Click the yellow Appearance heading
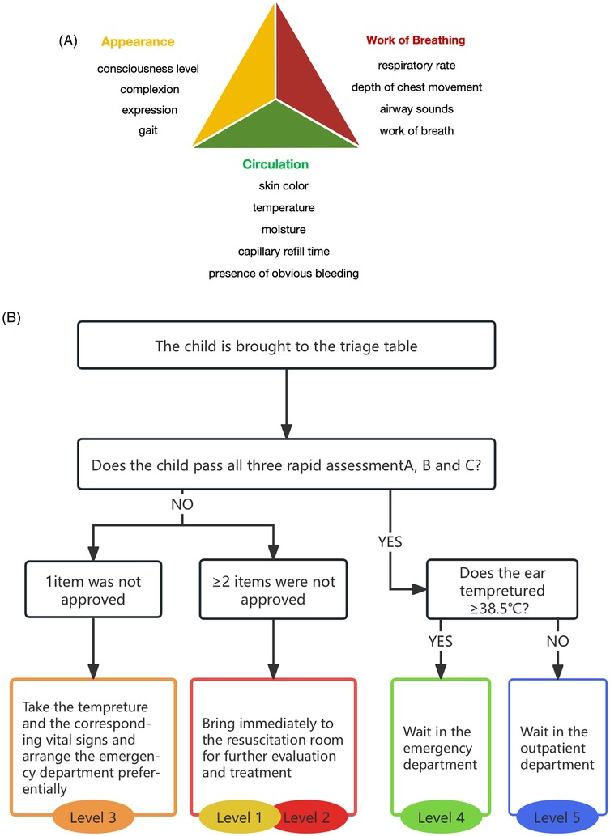coord(138,41)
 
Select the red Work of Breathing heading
coord(416,40)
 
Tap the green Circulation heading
coord(275,164)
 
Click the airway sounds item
coord(416,109)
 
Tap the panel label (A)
coord(69,40)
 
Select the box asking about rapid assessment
coord(287,465)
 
